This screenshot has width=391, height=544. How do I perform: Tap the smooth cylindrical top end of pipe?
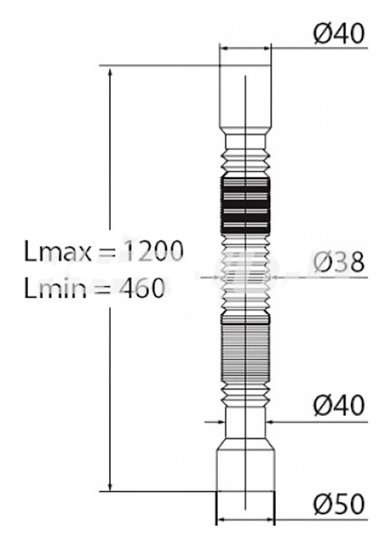click(244, 100)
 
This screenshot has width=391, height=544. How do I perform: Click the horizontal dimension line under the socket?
click(244, 521)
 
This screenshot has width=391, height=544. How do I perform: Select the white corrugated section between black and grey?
click(244, 272)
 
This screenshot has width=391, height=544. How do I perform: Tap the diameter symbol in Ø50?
click(323, 503)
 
